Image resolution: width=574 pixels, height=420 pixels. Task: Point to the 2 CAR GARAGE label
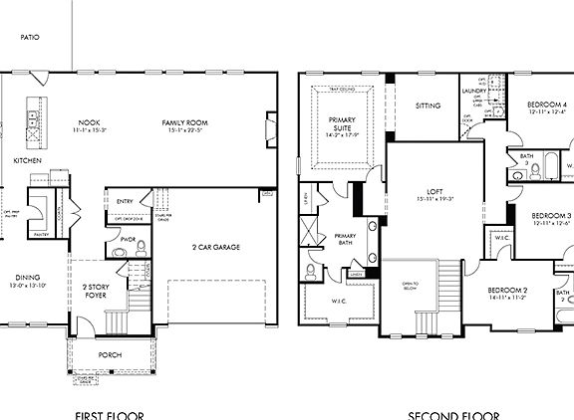click(215, 247)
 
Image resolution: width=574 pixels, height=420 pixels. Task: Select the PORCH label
click(110, 355)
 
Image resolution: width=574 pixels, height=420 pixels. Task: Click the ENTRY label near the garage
click(125, 202)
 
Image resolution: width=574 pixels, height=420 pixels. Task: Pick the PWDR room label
click(127, 239)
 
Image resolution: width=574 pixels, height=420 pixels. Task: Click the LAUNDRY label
click(472, 91)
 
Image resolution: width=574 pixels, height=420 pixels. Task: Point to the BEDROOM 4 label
click(547, 105)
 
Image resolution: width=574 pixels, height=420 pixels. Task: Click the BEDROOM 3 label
click(550, 216)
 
